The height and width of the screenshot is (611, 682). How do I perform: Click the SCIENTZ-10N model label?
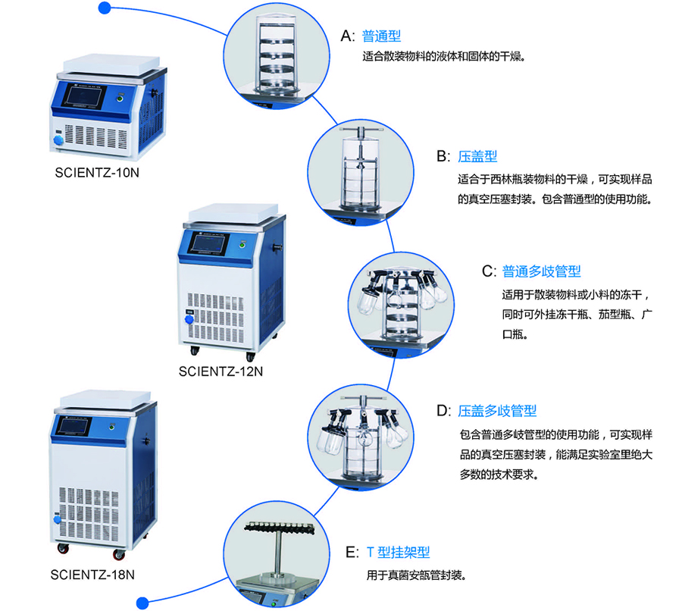point(97,173)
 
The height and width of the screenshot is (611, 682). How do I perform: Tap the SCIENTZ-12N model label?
point(221,371)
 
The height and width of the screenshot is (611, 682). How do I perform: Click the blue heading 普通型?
point(381,36)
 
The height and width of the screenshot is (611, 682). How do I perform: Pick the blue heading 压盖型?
point(477,156)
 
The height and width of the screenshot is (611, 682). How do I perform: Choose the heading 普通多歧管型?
point(541,271)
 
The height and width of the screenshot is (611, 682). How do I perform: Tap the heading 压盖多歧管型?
point(497,411)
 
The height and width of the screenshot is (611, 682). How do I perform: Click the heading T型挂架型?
point(398,553)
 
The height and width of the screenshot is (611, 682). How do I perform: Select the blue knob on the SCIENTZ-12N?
point(185,321)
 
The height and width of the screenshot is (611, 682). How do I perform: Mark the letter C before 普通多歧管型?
point(488,271)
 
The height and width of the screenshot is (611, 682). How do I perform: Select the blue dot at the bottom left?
point(141,602)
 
